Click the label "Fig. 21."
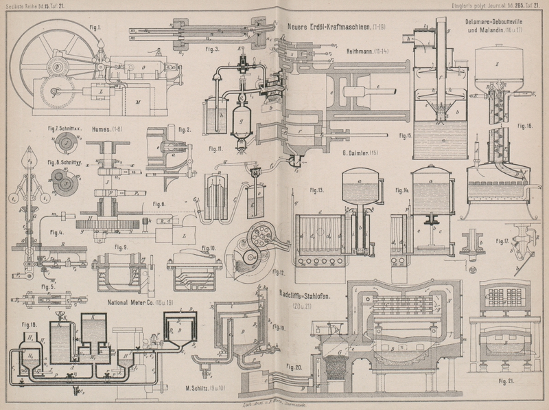(x=507, y=380)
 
